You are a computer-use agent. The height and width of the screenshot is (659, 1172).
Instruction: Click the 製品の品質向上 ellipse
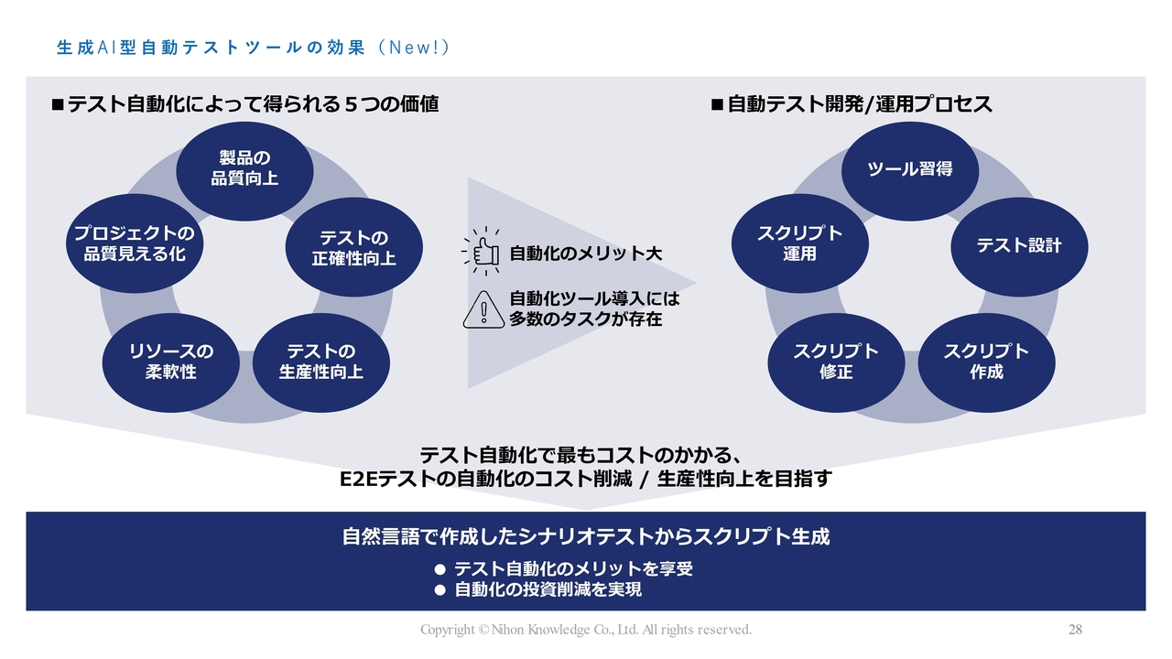(x=244, y=171)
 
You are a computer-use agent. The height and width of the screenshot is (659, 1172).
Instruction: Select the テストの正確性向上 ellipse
(x=354, y=247)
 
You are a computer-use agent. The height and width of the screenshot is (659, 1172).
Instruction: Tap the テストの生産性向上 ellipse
(x=321, y=362)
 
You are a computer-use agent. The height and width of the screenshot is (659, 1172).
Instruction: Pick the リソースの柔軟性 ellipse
(x=171, y=362)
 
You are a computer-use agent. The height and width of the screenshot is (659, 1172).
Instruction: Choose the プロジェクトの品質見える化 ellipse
(x=135, y=243)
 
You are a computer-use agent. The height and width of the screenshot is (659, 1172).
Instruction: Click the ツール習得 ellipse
(x=910, y=171)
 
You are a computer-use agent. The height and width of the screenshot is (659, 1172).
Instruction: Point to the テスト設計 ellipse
(x=1020, y=247)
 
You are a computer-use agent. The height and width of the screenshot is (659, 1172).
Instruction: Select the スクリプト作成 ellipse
(x=987, y=362)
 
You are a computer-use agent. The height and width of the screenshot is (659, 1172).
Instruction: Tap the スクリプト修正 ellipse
(x=837, y=362)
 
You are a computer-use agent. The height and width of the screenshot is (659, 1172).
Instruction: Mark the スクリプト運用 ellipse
(x=800, y=243)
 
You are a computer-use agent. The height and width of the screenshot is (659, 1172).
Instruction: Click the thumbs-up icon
(x=482, y=252)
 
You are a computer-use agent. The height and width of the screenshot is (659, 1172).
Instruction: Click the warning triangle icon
(x=484, y=309)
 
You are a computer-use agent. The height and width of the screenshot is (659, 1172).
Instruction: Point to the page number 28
(x=1075, y=629)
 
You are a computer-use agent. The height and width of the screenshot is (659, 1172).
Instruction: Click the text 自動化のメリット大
(x=586, y=254)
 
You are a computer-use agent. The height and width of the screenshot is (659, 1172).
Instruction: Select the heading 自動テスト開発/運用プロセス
(x=860, y=104)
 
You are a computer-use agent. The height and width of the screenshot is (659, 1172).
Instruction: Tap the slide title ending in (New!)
(x=254, y=48)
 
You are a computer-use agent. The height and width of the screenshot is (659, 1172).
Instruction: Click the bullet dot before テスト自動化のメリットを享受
(x=440, y=569)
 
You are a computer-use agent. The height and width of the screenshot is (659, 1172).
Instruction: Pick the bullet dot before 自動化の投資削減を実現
(x=440, y=590)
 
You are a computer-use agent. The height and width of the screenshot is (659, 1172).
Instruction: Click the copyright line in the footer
(x=586, y=630)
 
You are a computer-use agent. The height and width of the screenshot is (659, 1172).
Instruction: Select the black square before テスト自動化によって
(x=58, y=104)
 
